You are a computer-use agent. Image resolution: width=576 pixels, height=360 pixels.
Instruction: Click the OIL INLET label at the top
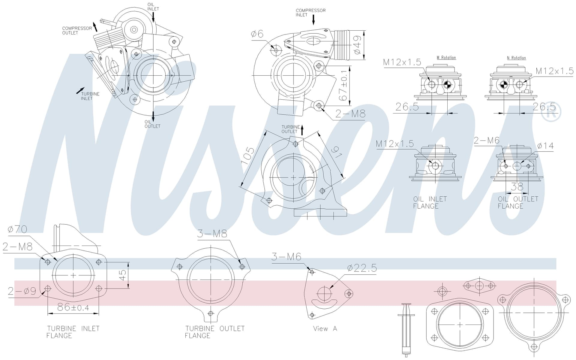pyautogui.click(x=153, y=7)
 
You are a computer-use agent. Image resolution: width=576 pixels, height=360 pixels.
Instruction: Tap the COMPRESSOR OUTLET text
pyautogui.click(x=77, y=30)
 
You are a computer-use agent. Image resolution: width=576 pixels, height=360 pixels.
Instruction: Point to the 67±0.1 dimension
pyautogui.click(x=343, y=86)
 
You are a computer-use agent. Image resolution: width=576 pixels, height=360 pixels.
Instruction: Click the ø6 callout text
pyautogui.click(x=257, y=34)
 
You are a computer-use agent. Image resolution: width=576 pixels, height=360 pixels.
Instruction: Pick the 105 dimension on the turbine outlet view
pyautogui.click(x=248, y=155)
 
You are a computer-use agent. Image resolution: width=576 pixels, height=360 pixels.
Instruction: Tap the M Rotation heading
pyautogui.click(x=446, y=57)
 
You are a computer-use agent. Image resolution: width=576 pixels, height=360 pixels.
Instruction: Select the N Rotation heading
pyautogui.click(x=516, y=58)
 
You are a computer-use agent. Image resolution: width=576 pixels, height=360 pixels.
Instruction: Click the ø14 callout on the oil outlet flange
pyautogui.click(x=545, y=146)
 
